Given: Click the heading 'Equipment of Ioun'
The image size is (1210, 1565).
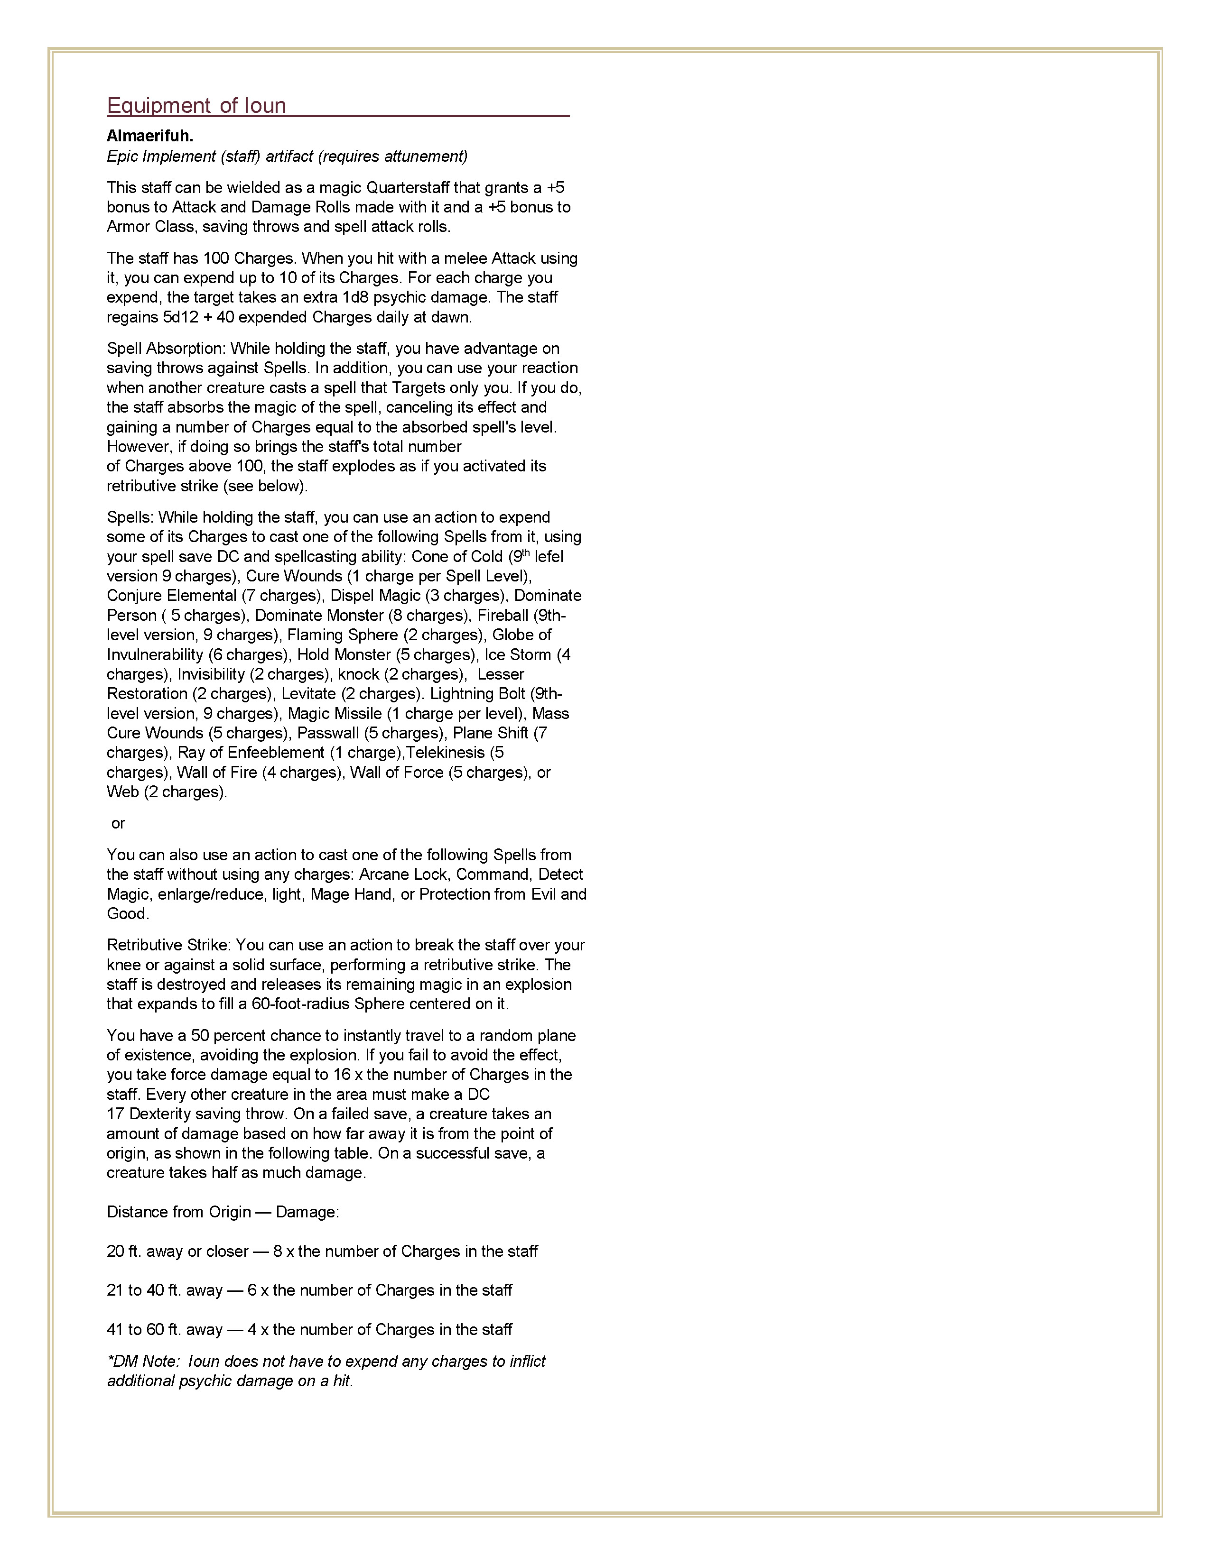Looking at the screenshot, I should point(196,106).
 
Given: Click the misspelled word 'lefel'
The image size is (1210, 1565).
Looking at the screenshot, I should point(549,557).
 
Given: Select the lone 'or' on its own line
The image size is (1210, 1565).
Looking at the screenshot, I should point(118,823).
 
